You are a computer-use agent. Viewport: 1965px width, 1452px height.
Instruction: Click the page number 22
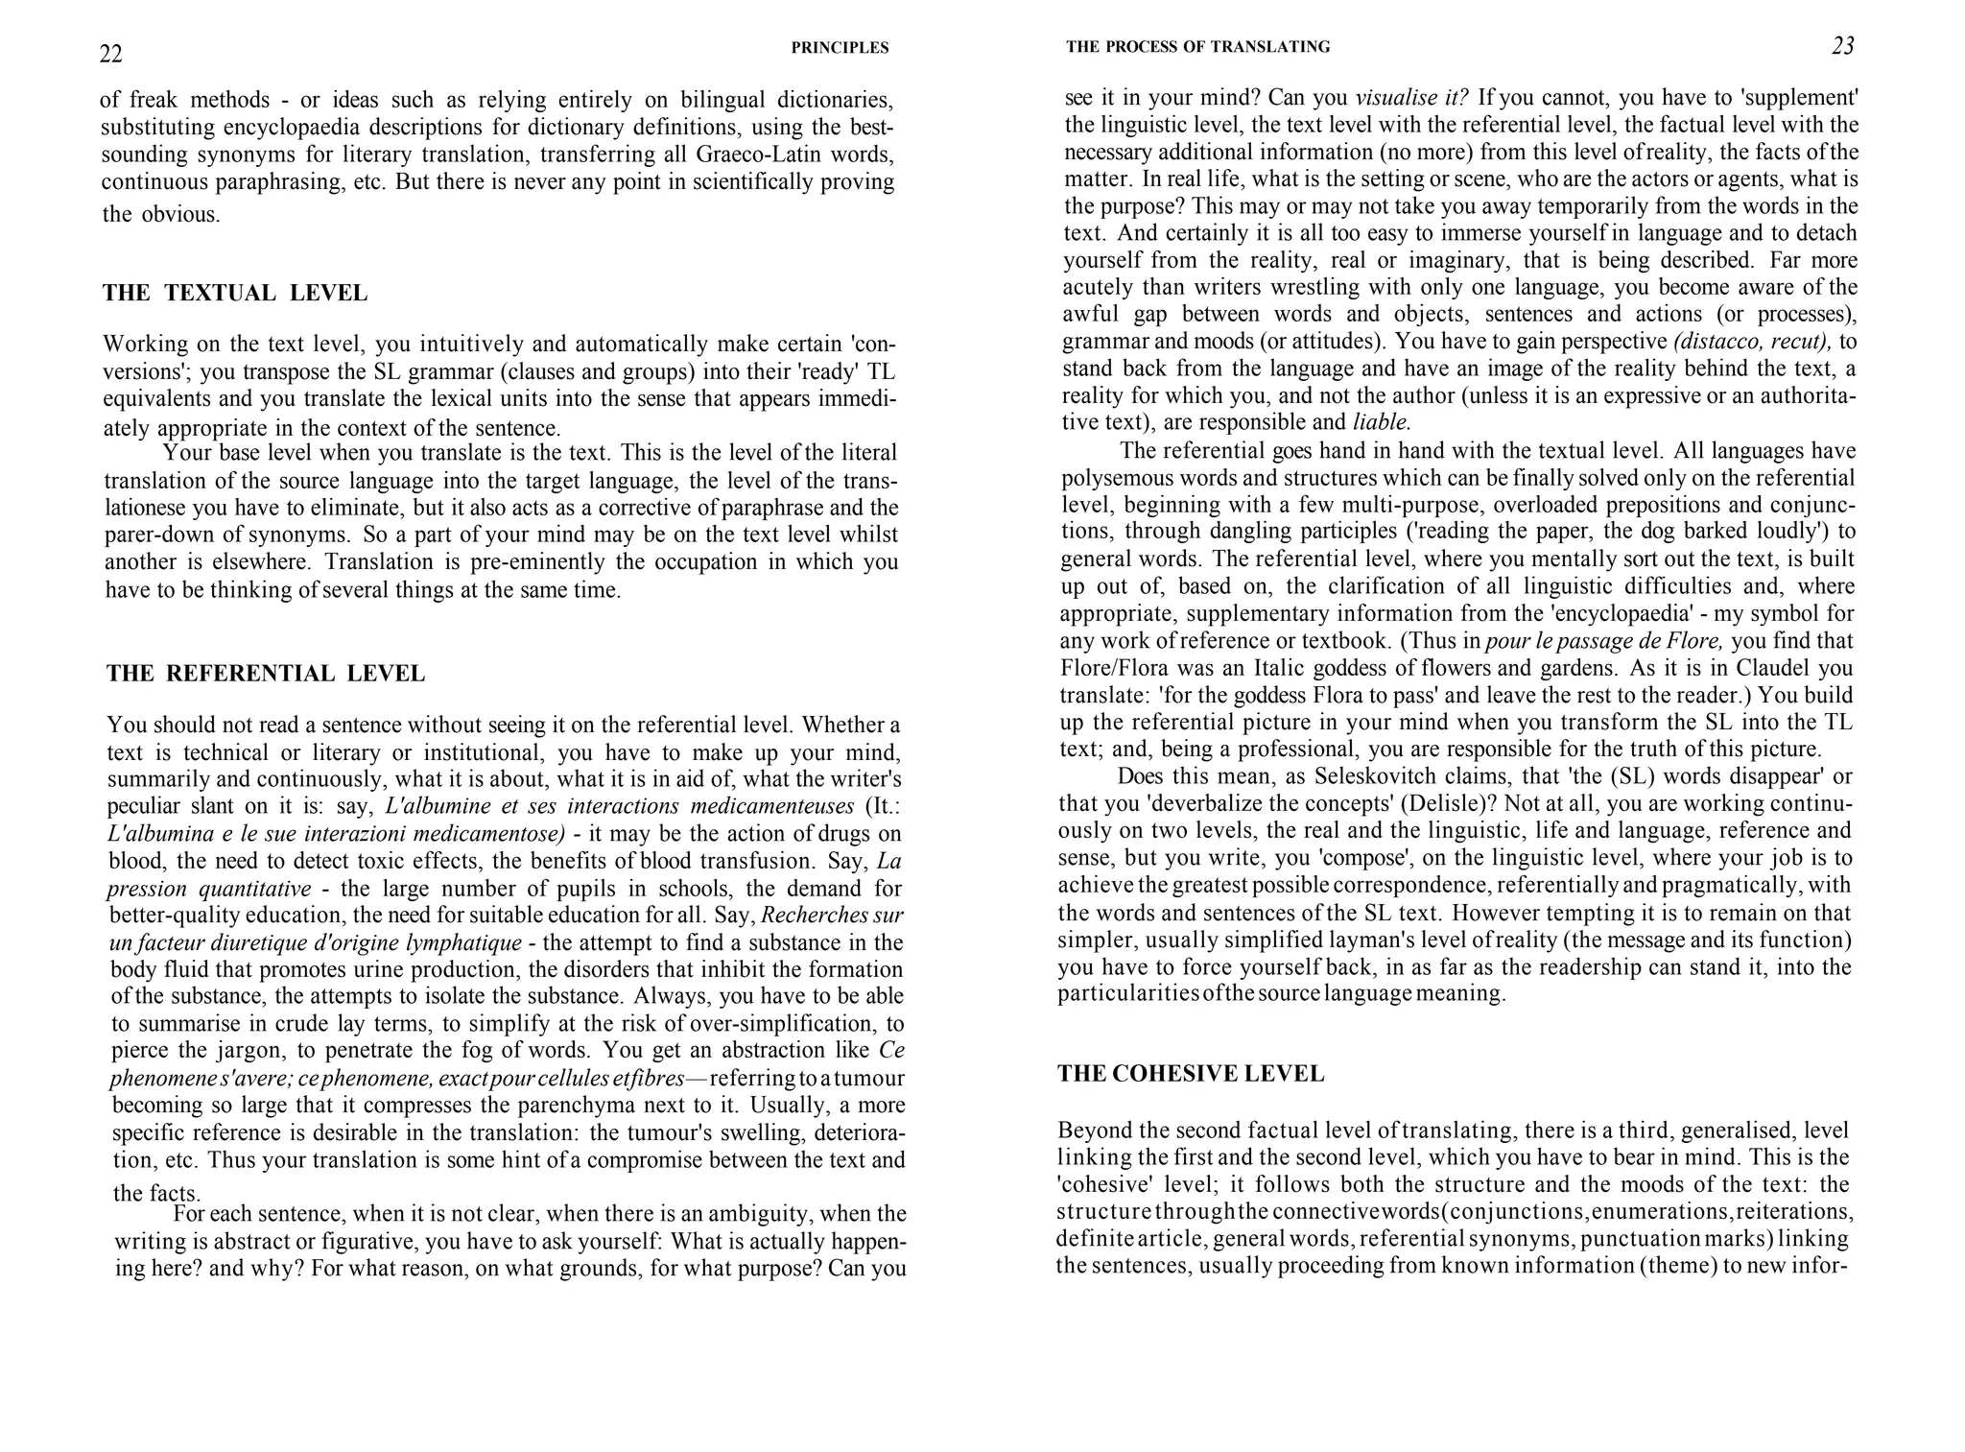tap(111, 55)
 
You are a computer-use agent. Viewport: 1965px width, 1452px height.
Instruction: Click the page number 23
tap(1842, 46)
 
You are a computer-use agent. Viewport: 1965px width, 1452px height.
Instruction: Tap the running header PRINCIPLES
tap(840, 48)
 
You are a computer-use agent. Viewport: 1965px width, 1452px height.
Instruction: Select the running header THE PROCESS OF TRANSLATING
tap(1197, 47)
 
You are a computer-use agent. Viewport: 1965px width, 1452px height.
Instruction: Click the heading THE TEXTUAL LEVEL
tap(235, 294)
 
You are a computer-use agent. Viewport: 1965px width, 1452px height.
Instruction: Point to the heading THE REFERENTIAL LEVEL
tap(266, 674)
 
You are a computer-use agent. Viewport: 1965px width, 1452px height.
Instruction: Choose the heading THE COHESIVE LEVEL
tap(1191, 1074)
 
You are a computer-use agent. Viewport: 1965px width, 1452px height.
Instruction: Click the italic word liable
tap(1382, 421)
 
